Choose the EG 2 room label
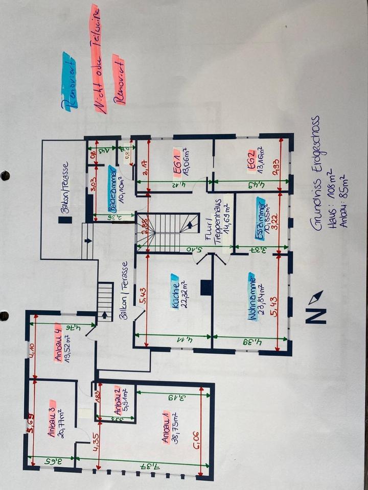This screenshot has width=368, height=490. [251, 159]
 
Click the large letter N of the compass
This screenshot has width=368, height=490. [315, 315]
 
